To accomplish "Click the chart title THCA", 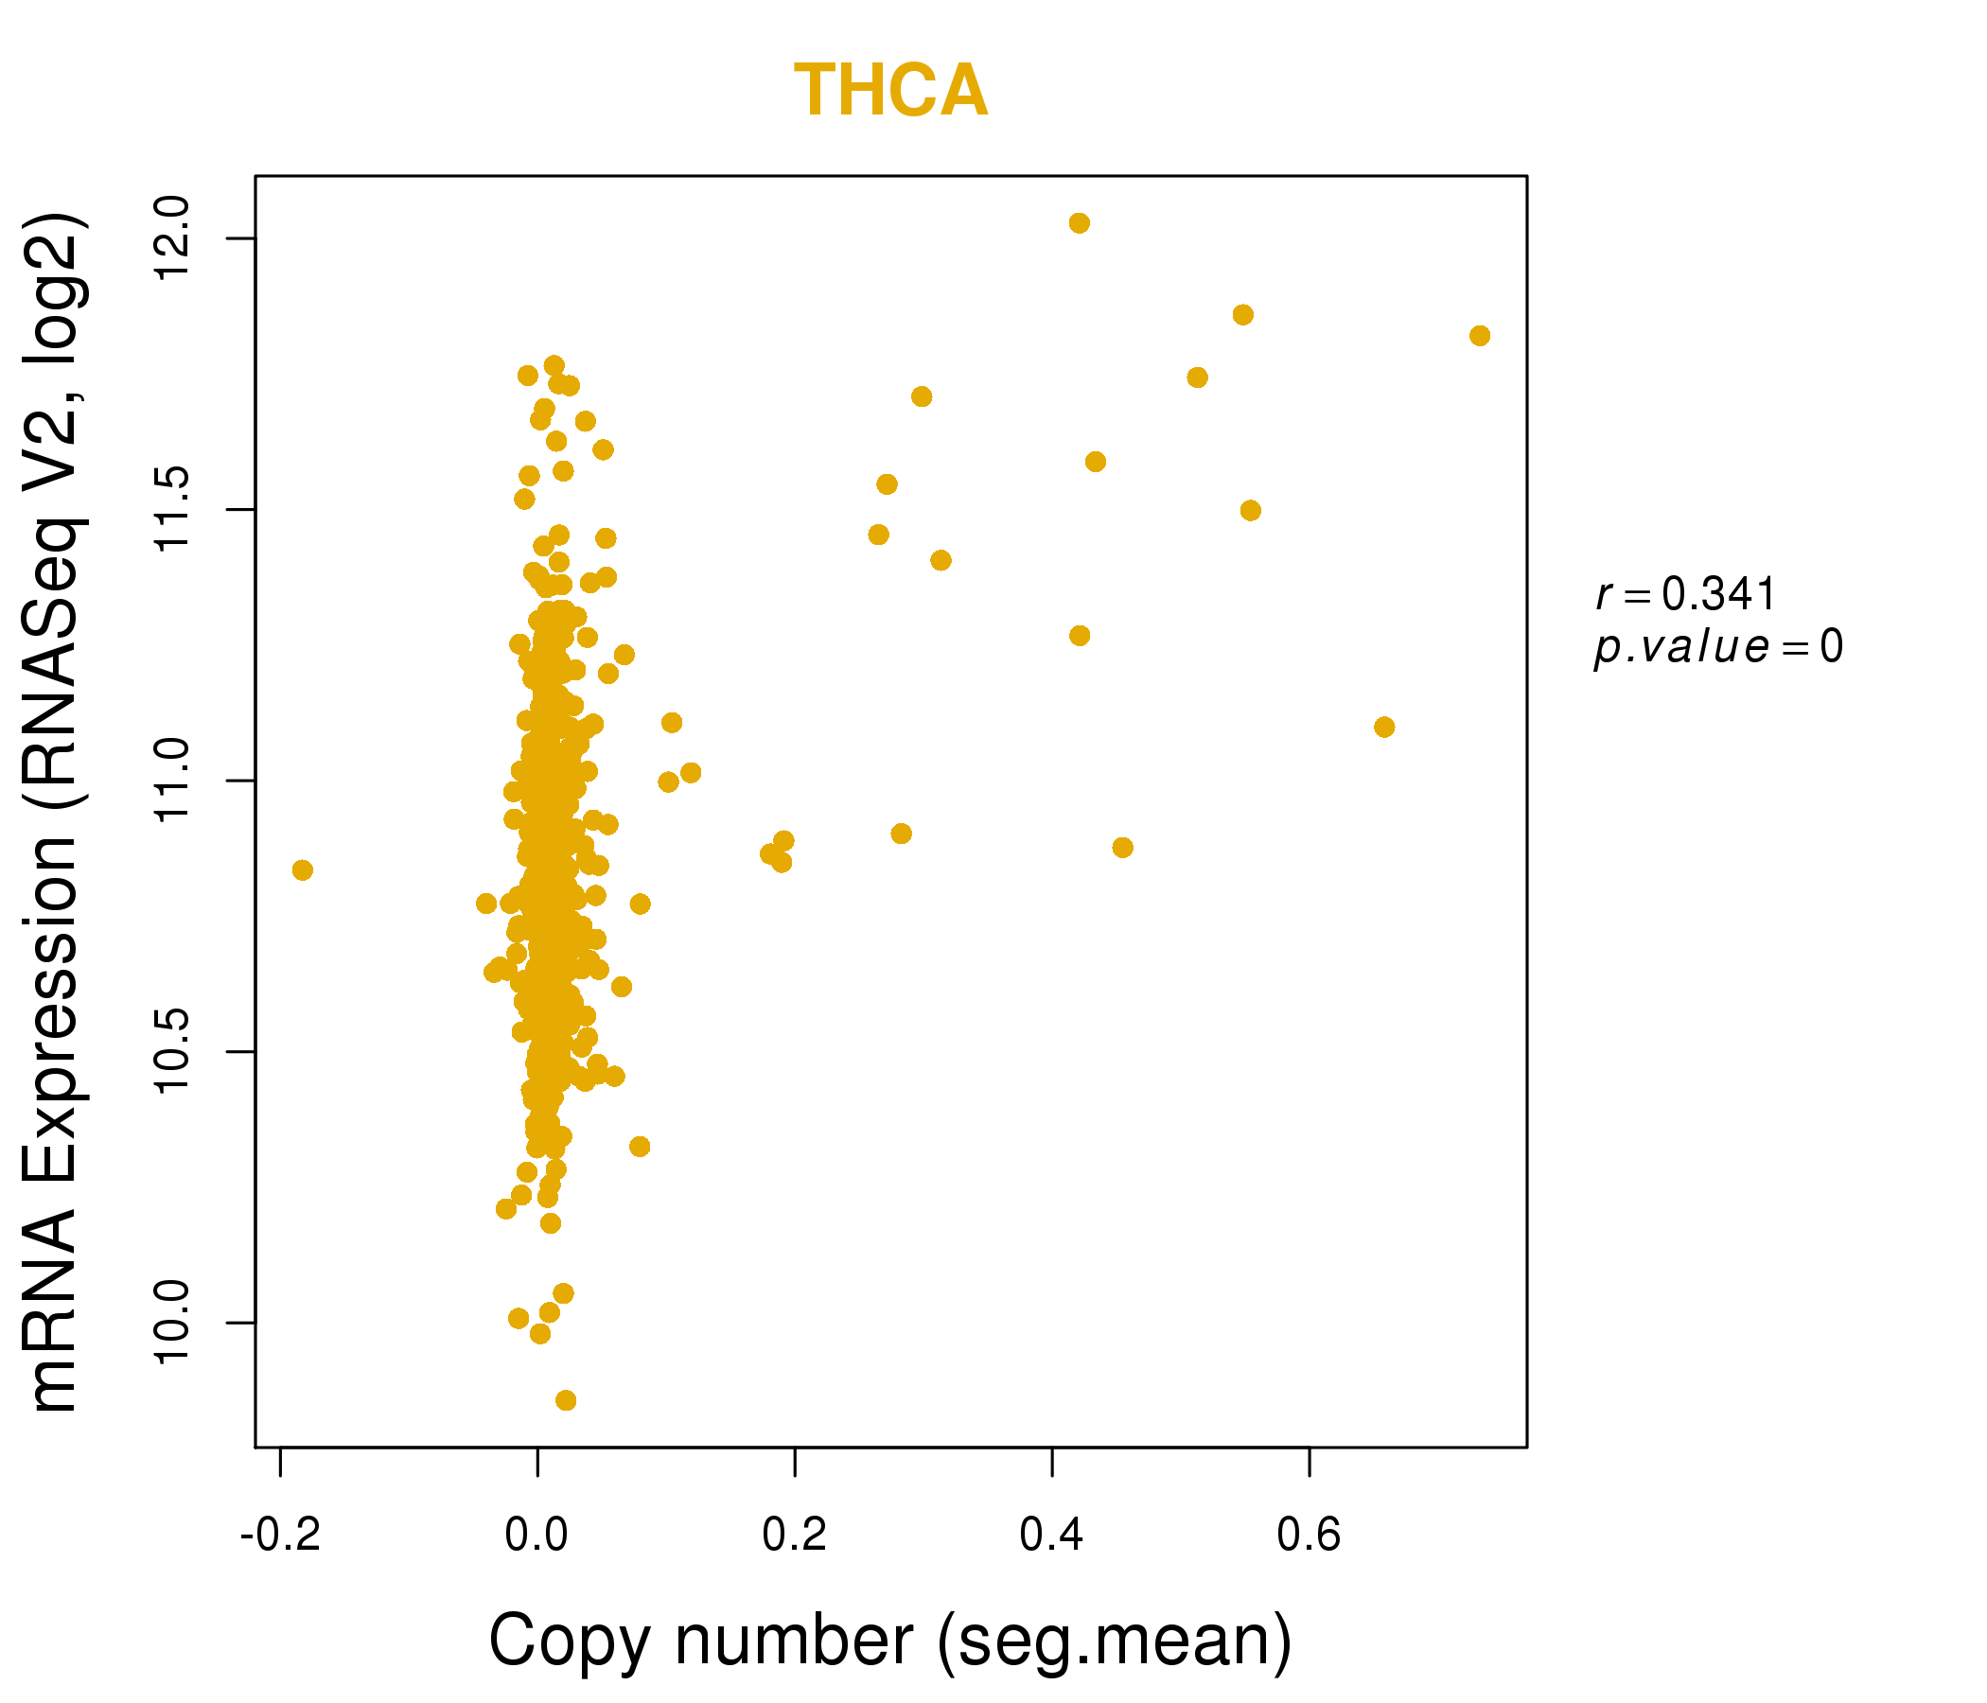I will (890, 91).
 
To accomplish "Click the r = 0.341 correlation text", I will (1685, 594).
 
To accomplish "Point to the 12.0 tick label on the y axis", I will (172, 238).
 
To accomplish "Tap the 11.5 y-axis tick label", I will (172, 510).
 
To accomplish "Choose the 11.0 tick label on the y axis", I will (172, 781).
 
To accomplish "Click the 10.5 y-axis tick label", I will (172, 1053).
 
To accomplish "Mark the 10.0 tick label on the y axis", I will (172, 1325).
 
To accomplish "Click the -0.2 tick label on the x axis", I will (280, 1536).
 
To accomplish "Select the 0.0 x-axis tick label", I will (537, 1536).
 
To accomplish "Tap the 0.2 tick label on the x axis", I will (795, 1536).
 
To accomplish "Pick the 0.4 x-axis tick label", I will (1052, 1536).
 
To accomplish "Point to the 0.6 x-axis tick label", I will (1309, 1536).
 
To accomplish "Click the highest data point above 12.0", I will (1079, 223).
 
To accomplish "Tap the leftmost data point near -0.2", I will (302, 869).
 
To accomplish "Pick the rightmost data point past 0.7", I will (1480, 336).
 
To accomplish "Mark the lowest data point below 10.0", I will (566, 1401).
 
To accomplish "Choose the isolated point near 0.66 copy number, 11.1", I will (1383, 727).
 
